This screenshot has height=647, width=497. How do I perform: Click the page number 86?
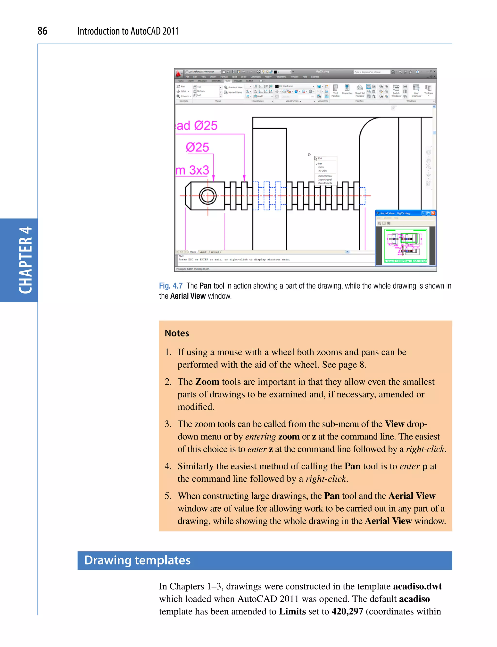[42, 31]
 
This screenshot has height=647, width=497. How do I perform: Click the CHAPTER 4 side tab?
[25, 260]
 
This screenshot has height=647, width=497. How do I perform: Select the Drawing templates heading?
[137, 560]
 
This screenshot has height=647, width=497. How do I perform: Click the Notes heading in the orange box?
[177, 333]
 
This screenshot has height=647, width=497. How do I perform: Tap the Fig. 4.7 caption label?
[171, 286]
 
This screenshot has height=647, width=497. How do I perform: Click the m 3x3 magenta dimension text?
[192, 170]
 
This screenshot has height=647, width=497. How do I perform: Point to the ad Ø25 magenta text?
[197, 126]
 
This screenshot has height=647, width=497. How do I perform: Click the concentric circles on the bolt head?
[208, 196]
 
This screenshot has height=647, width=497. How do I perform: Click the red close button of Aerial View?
[433, 213]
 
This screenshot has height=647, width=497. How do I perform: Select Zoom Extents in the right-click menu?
[325, 183]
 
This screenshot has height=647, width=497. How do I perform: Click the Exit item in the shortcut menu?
[320, 158]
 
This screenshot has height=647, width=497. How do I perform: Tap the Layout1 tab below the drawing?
[203, 252]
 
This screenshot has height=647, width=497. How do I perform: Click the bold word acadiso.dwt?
[417, 586]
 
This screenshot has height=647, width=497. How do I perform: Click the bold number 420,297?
[347, 612]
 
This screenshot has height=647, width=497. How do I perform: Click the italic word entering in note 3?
[260, 437]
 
